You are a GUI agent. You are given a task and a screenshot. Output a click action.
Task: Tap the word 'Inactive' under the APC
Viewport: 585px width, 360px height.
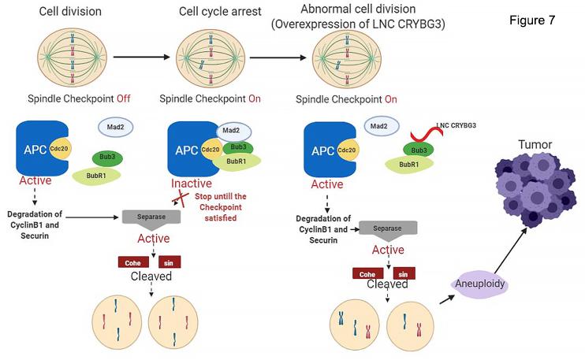tap(191, 184)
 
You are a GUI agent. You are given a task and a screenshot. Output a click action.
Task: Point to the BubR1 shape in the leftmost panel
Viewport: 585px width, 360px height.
tap(96, 175)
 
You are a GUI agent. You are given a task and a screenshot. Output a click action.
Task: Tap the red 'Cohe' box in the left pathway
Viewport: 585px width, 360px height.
tap(132, 262)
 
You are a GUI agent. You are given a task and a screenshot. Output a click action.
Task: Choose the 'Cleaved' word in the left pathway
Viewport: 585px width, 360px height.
tap(152, 276)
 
